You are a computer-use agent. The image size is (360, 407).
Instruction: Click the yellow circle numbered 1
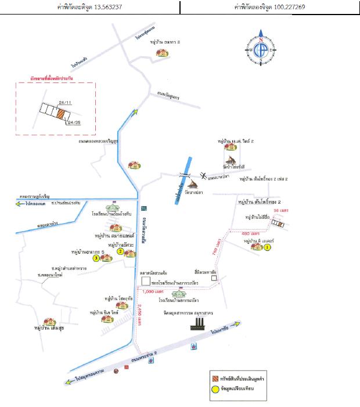click(x=268, y=247)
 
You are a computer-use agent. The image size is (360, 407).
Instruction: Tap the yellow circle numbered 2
click(x=120, y=252)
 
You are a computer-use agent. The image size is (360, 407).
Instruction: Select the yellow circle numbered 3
click(x=95, y=259)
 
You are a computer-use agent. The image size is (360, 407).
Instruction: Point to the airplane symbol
click(x=203, y=176)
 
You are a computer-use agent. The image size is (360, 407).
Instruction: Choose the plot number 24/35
click(x=74, y=123)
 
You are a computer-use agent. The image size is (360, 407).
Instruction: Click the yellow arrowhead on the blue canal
click(x=136, y=113)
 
